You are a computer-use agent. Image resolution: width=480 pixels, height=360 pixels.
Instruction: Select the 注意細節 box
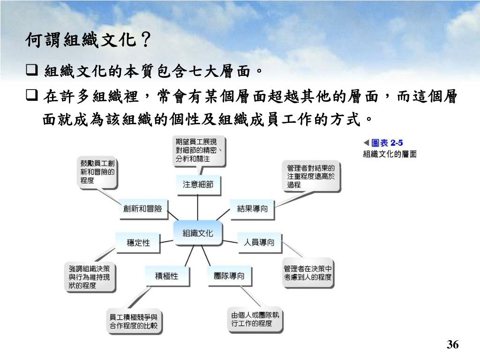(x=198, y=185)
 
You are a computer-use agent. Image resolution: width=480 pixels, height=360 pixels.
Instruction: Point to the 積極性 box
(x=167, y=276)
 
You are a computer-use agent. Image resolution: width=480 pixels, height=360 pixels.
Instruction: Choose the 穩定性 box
(x=138, y=243)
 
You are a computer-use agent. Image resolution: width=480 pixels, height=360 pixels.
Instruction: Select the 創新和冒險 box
(x=142, y=209)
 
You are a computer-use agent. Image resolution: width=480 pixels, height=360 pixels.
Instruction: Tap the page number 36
(x=452, y=345)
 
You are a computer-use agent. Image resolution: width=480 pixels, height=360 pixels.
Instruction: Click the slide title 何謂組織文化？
(x=88, y=41)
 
